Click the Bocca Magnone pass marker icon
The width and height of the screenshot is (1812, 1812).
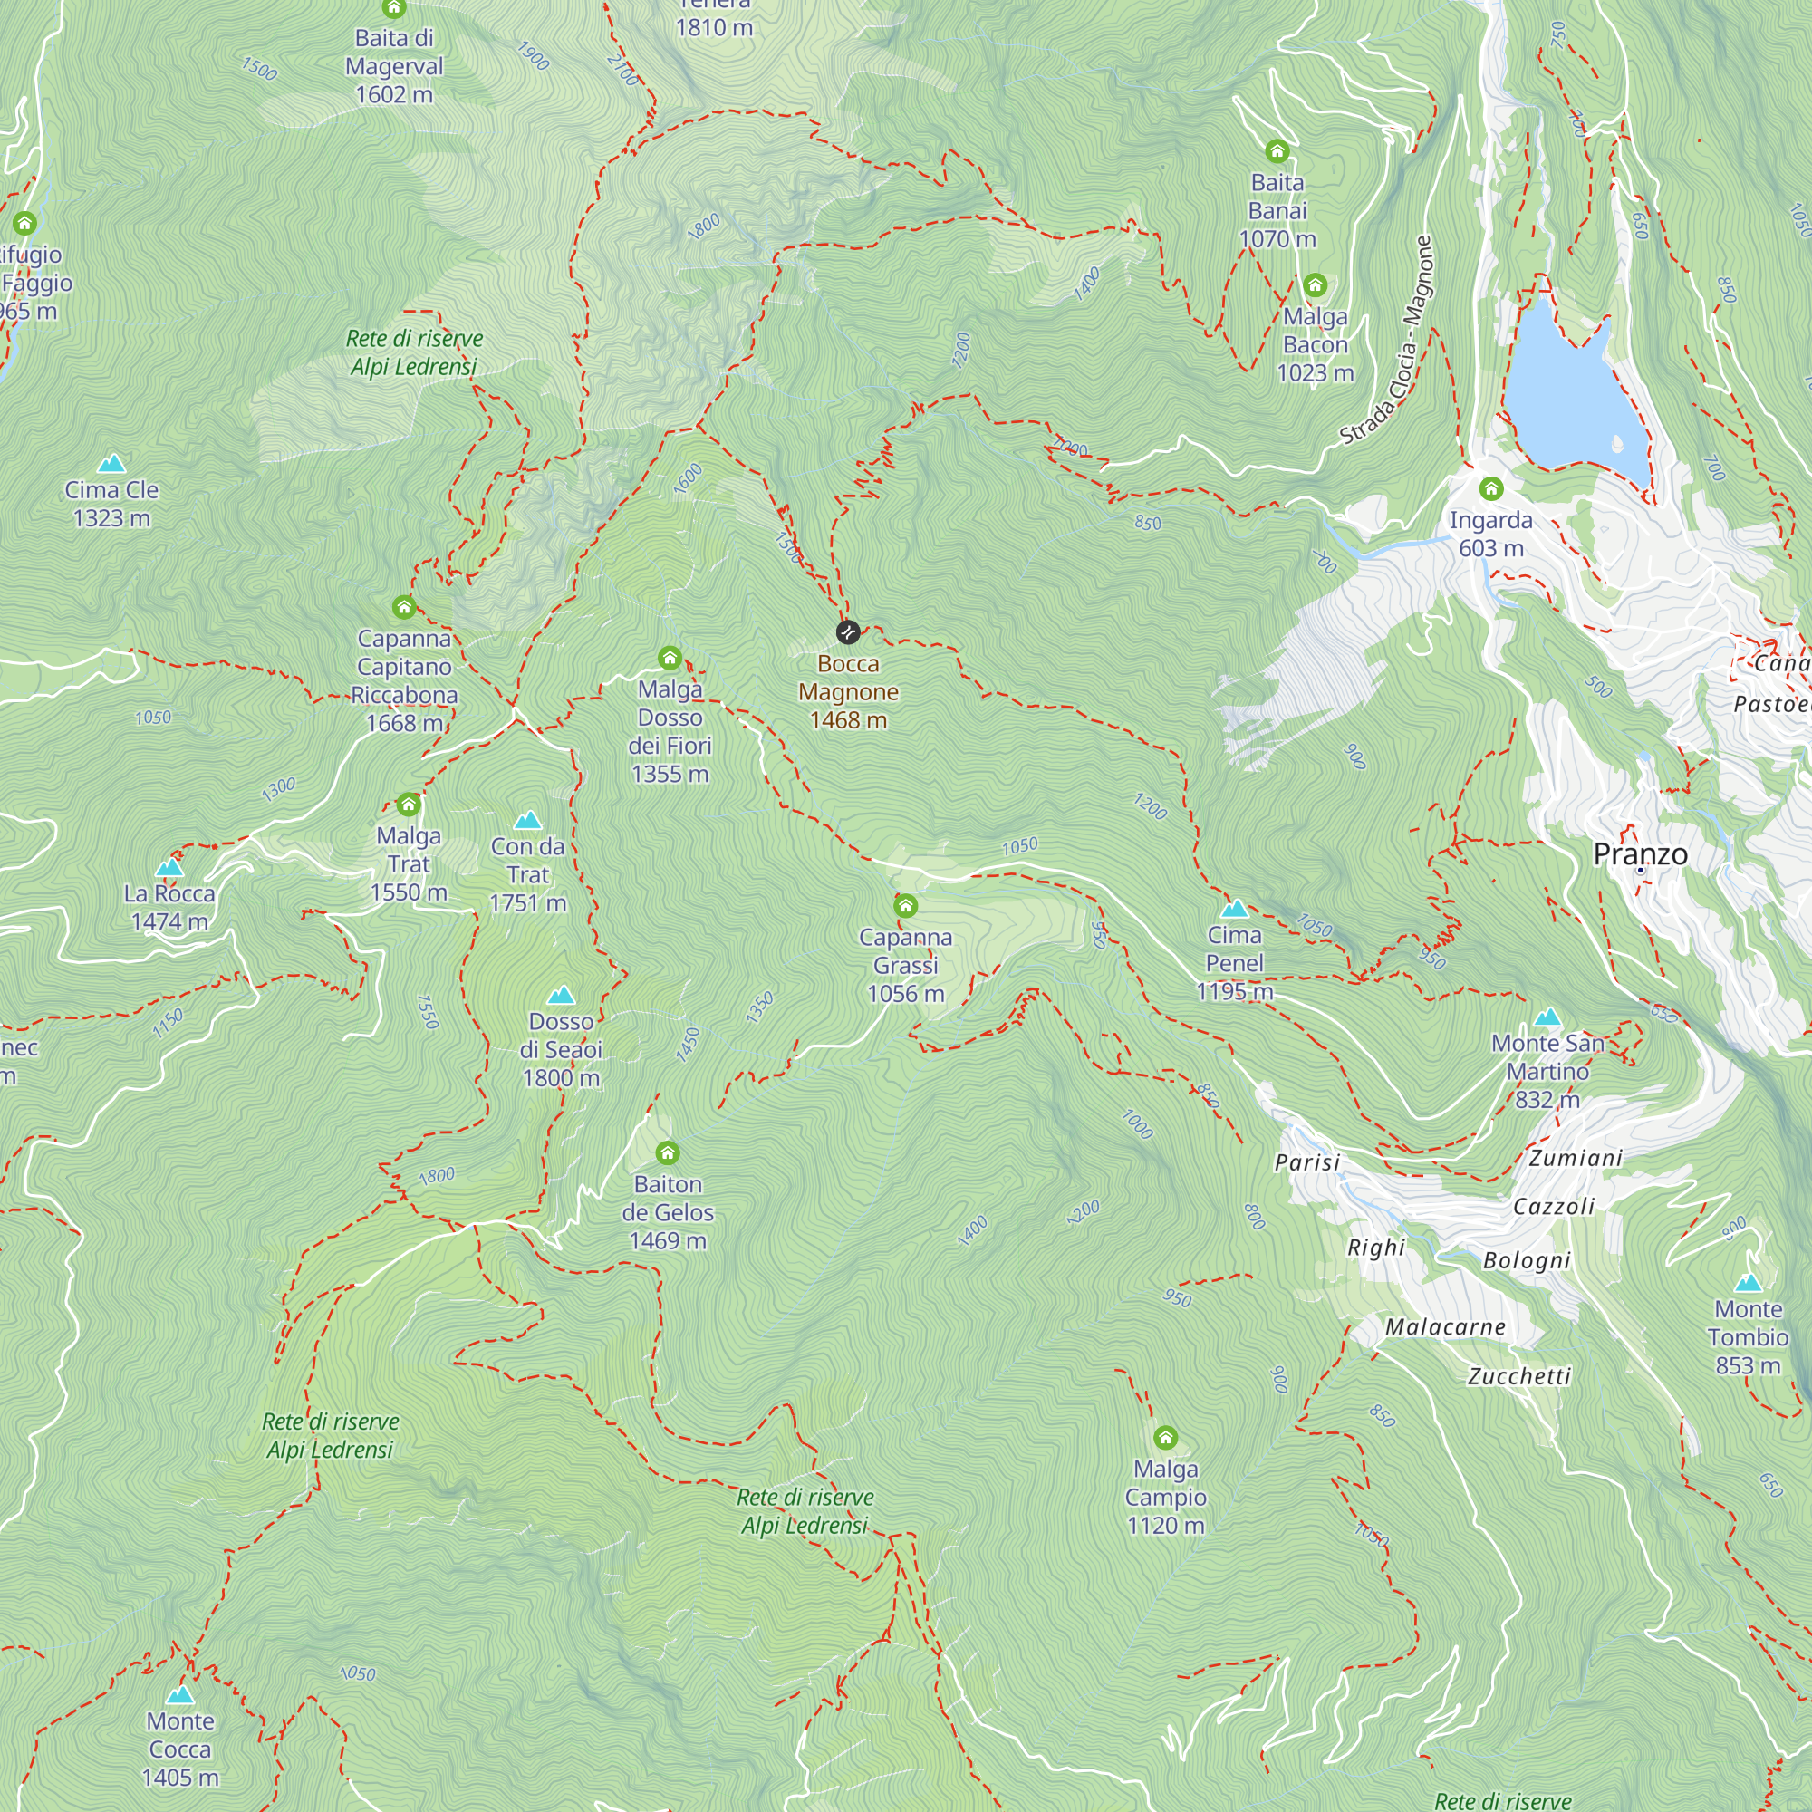coord(848,632)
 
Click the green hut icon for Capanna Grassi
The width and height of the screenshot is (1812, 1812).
coord(905,906)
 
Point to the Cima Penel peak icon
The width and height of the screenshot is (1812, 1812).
coord(1234,908)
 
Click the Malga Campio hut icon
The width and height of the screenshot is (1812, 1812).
coord(1165,1438)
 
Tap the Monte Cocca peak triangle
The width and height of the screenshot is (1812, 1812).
coord(180,1695)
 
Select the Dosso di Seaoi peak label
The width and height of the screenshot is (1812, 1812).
coord(561,1049)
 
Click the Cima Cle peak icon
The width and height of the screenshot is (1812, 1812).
coord(111,463)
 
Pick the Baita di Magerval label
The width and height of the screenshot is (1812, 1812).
coord(394,65)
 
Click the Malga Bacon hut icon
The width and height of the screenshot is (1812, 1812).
coord(1315,285)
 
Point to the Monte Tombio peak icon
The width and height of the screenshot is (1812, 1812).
coord(1748,1283)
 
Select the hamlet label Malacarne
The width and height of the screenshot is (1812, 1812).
coord(1445,1327)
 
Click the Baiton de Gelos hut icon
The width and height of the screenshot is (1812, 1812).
coord(667,1152)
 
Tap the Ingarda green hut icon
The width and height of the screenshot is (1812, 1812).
coord(1491,488)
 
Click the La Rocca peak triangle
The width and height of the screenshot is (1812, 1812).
coord(169,867)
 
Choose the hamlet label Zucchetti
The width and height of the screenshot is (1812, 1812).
coord(1518,1376)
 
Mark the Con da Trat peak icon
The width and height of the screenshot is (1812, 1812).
coord(528,821)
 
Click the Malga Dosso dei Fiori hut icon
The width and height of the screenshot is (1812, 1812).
coord(670,658)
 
